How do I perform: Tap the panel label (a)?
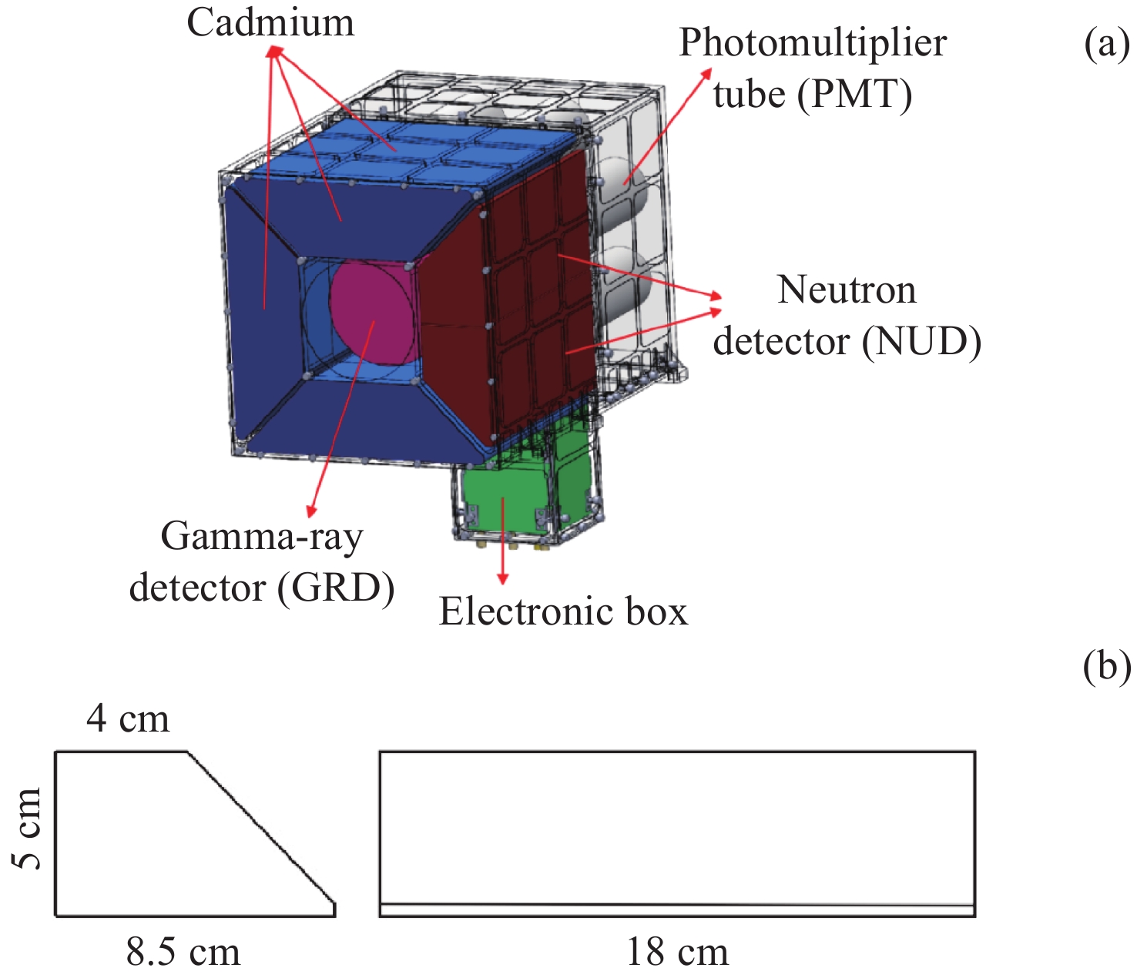point(1106,45)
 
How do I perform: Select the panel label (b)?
point(1106,667)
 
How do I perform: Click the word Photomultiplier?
point(812,43)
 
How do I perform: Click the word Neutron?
point(847,290)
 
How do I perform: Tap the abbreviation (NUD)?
point(921,341)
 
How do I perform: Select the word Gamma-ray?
point(261,537)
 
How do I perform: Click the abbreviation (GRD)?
point(336,588)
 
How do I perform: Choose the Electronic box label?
point(563,612)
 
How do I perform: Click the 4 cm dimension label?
point(128,718)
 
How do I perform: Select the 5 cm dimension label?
point(28,829)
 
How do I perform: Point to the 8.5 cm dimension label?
point(183,953)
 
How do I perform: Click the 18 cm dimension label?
point(677,953)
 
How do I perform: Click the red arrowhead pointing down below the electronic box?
point(503,578)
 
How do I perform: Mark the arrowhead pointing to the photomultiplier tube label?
point(707,72)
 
